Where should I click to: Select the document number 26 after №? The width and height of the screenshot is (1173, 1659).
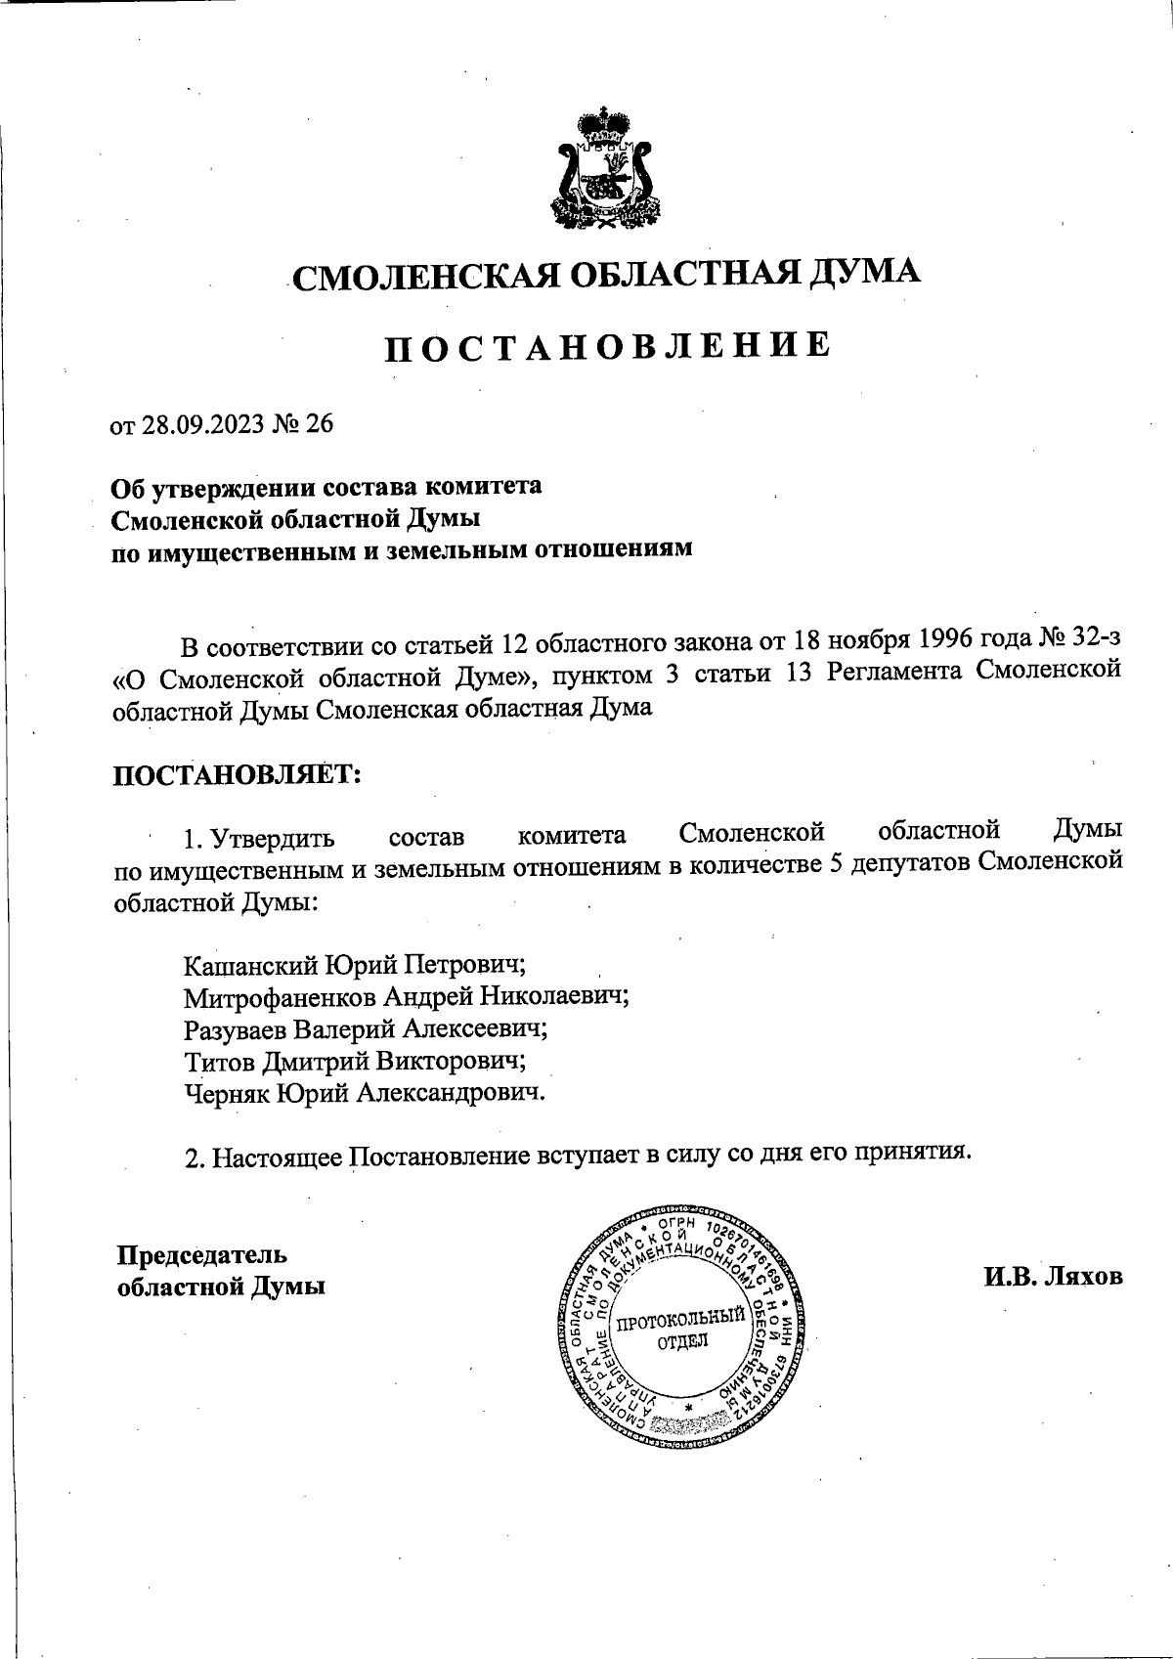click(x=320, y=424)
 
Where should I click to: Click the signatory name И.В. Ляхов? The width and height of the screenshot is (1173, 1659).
click(x=1054, y=1276)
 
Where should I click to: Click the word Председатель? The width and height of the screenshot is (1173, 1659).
click(x=202, y=1254)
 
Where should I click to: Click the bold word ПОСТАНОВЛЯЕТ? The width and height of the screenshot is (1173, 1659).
click(x=238, y=774)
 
